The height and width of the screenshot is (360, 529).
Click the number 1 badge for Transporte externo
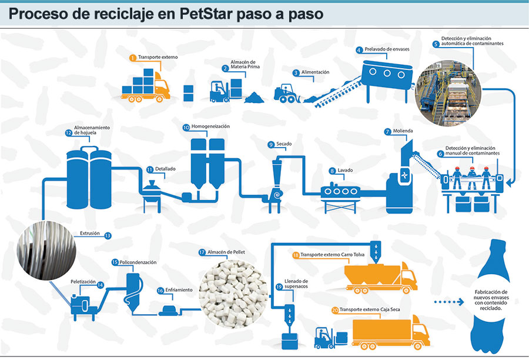click(x=133, y=58)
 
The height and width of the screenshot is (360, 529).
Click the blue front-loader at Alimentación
click(x=288, y=94)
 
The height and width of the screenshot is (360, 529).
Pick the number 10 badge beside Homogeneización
click(x=186, y=127)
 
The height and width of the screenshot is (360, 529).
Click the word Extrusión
click(x=91, y=234)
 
